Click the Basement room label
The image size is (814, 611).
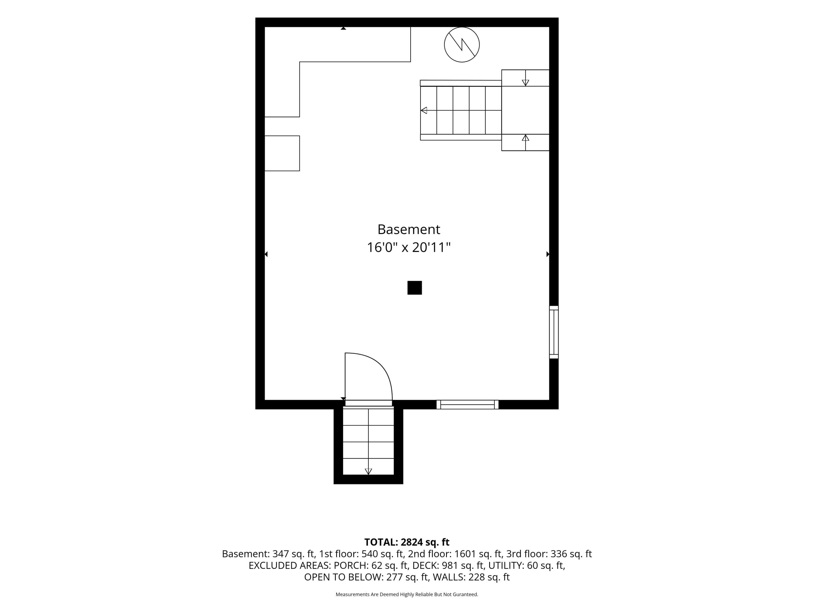(x=408, y=229)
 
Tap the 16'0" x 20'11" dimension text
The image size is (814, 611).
(x=408, y=247)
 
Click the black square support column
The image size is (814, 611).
(x=414, y=288)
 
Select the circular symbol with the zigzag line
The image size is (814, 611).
(x=462, y=45)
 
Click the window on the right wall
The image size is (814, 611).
(x=554, y=332)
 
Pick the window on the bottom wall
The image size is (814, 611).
(x=467, y=404)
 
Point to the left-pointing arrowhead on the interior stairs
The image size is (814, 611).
(x=424, y=110)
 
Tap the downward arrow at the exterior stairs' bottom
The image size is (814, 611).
(x=368, y=471)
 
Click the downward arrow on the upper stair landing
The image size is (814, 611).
(x=526, y=83)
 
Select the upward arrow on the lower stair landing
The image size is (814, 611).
(x=526, y=138)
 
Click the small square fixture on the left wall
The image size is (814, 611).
(x=282, y=153)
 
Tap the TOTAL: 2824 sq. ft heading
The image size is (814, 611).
(x=407, y=542)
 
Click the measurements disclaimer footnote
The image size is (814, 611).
(x=407, y=594)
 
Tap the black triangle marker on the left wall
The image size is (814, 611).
(x=266, y=254)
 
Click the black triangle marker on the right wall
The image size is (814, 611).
(x=548, y=254)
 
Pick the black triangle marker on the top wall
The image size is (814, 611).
(x=343, y=28)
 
